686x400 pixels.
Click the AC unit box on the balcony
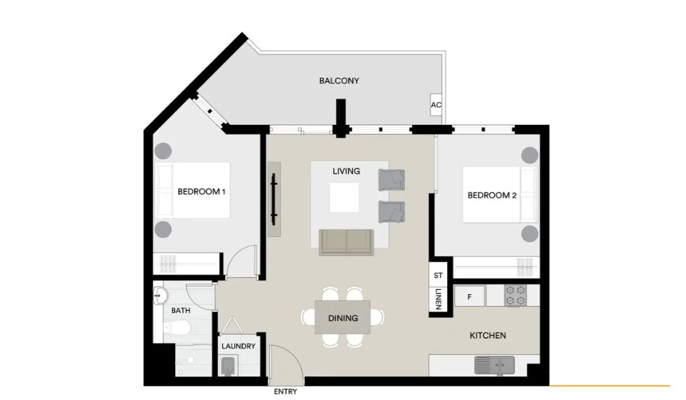click(x=436, y=105)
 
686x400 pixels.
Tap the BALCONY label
click(x=339, y=81)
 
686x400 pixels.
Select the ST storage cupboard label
click(x=438, y=275)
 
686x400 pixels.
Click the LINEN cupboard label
click(x=439, y=299)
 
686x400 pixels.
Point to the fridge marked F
click(x=469, y=297)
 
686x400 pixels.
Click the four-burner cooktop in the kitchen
click(x=515, y=295)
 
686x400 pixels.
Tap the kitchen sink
click(x=495, y=366)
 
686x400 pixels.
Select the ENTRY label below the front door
click(x=285, y=392)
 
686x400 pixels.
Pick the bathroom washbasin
click(x=160, y=297)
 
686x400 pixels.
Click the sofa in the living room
click(x=346, y=242)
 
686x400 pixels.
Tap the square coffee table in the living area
click(x=344, y=197)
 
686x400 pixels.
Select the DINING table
click(x=342, y=317)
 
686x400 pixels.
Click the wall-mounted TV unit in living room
click(x=274, y=199)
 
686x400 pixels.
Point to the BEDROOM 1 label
click(x=201, y=191)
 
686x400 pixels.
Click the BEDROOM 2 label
click(x=492, y=195)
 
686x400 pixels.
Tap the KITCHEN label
click(x=487, y=336)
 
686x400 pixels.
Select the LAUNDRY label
click(x=238, y=346)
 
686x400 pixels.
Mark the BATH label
click(x=181, y=310)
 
